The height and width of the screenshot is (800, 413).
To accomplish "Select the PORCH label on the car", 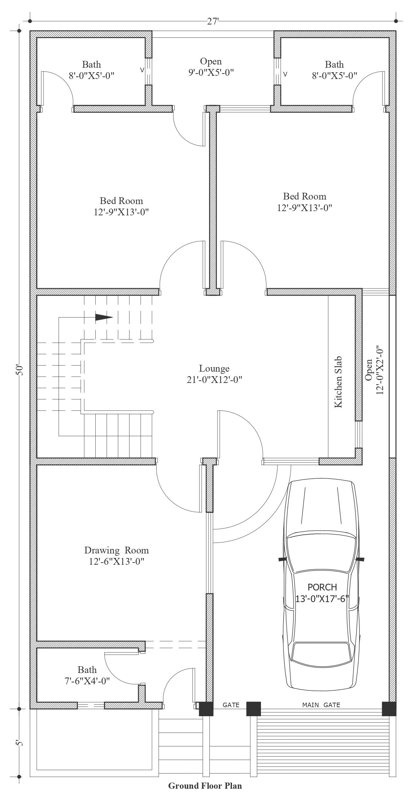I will point(322,587).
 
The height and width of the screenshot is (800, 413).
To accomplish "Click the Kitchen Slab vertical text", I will point(338,382).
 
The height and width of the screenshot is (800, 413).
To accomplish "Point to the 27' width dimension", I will point(213,21).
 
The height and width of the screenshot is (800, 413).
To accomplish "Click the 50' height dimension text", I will point(20,370).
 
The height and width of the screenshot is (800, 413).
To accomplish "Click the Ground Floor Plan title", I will point(205,785).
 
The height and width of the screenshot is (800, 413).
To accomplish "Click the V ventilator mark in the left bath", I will point(142,70).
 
